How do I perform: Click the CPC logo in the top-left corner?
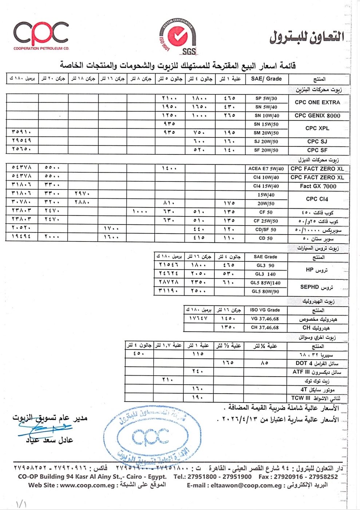[x=41, y=35]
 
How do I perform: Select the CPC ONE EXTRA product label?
[x=317, y=102]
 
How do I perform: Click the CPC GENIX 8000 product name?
[x=317, y=115]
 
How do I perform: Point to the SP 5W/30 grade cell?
[x=266, y=98]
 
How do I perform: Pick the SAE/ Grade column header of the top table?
[x=266, y=79]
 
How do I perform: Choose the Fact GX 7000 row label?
[x=318, y=186]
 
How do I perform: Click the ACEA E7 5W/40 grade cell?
[x=266, y=169]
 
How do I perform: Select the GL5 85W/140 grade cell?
[x=265, y=283]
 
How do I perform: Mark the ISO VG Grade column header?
[x=265, y=310]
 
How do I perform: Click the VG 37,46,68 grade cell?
[x=265, y=319]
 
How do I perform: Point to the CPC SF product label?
[x=317, y=150]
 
